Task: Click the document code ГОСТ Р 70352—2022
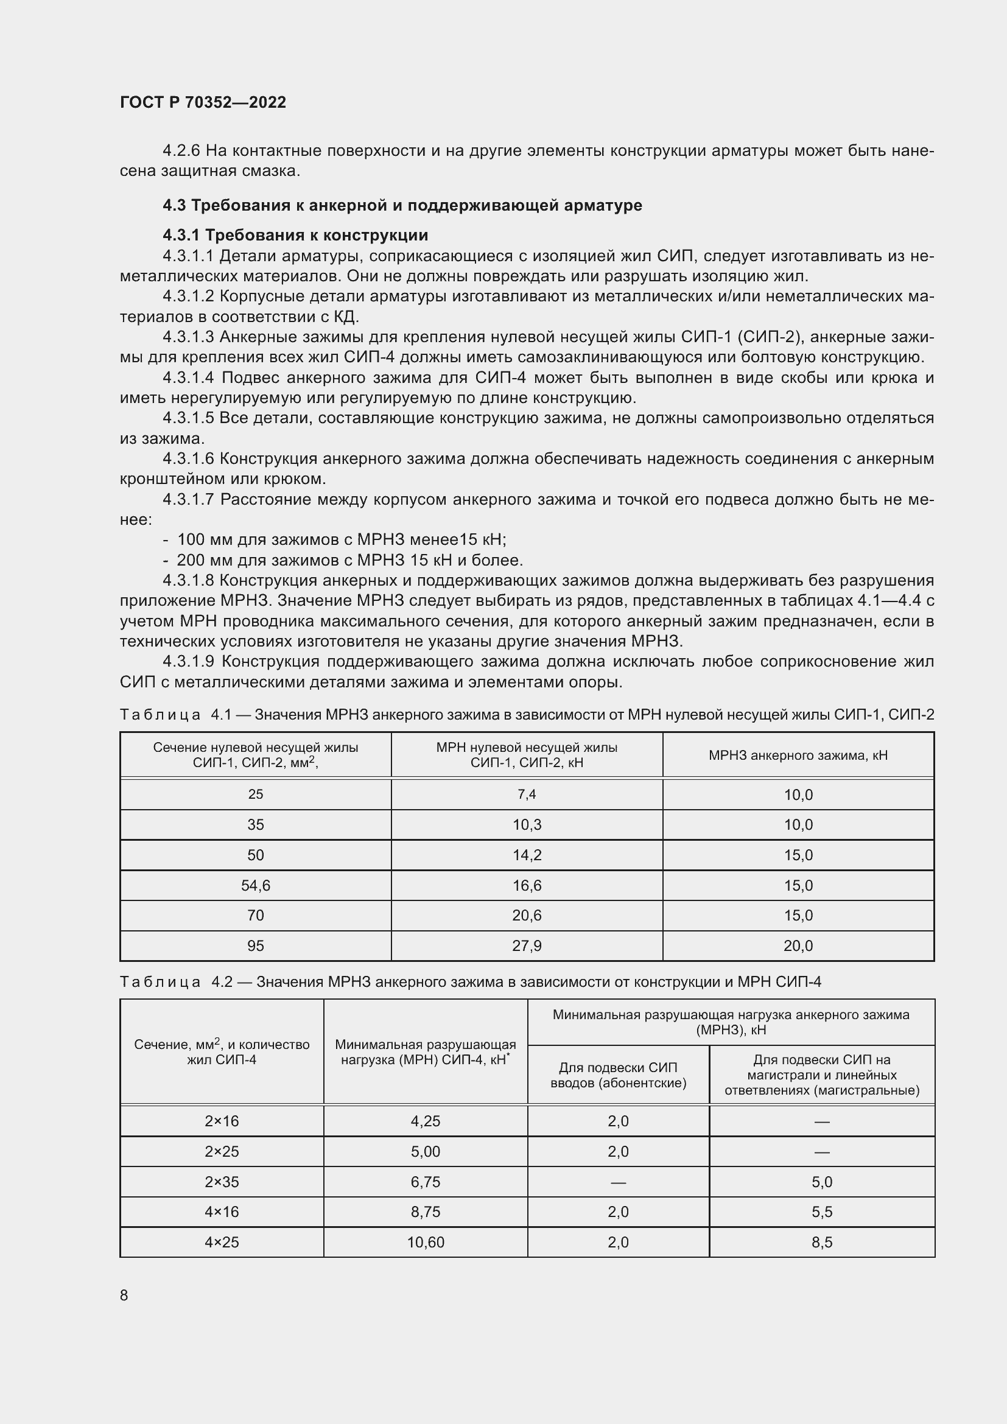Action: (203, 102)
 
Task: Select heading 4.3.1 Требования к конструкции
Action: (295, 235)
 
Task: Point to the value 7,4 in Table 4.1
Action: (527, 794)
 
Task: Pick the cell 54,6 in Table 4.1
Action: (256, 885)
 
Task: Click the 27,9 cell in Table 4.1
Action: (527, 946)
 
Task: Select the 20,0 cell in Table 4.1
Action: (798, 946)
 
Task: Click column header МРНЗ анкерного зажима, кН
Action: (798, 755)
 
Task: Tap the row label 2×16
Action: (222, 1121)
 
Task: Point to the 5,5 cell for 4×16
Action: (821, 1212)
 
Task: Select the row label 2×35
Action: (222, 1182)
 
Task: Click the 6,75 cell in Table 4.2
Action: (426, 1182)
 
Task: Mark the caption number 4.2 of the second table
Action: (222, 982)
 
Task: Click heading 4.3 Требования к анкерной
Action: (402, 205)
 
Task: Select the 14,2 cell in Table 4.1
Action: (527, 855)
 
